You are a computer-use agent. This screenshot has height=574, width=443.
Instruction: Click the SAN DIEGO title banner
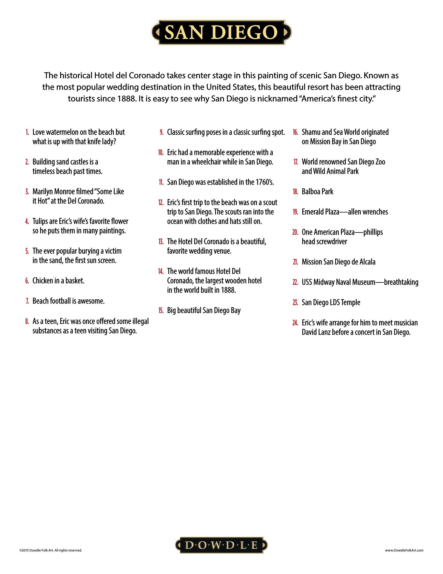(x=221, y=33)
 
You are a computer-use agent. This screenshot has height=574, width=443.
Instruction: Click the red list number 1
(x=27, y=132)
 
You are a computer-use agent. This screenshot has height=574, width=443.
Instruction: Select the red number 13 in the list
(x=161, y=242)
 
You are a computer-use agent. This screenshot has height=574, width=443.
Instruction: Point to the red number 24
(x=296, y=323)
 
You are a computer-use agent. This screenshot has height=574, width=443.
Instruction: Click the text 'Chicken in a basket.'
(x=58, y=281)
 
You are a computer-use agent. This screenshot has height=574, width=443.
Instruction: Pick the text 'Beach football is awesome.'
(x=69, y=301)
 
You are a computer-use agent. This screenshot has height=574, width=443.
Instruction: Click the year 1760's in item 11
(x=263, y=182)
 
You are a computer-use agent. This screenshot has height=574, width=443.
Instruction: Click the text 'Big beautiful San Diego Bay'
(x=204, y=310)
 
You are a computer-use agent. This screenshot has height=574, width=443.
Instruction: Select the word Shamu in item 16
(x=311, y=132)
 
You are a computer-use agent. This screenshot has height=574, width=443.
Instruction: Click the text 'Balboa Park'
(x=317, y=192)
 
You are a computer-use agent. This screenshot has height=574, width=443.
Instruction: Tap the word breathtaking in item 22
(x=401, y=282)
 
